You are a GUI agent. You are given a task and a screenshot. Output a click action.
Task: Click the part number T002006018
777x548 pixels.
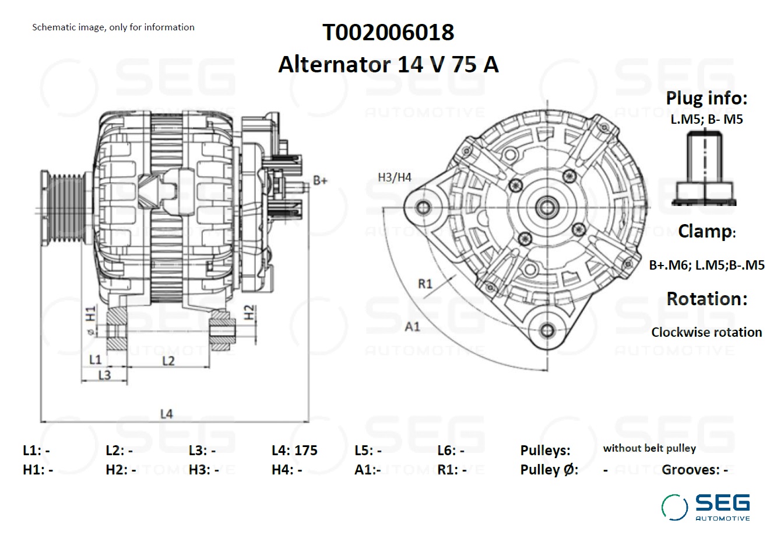click(x=388, y=32)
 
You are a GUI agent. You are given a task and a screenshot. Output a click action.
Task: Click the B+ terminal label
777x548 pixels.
click(x=320, y=180)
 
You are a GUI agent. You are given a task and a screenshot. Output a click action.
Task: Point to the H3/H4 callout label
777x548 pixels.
click(x=395, y=177)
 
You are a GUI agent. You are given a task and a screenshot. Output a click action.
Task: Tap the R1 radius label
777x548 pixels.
click(x=426, y=284)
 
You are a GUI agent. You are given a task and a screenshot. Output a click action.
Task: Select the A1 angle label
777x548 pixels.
click(x=413, y=326)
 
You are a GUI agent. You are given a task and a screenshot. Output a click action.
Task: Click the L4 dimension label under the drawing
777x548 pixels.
click(x=167, y=414)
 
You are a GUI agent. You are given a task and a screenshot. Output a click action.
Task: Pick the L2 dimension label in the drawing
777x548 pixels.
click(x=168, y=361)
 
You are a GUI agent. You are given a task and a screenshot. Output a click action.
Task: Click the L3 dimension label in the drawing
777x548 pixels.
click(x=104, y=375)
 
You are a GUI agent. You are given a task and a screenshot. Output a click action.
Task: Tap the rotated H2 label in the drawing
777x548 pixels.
click(x=249, y=312)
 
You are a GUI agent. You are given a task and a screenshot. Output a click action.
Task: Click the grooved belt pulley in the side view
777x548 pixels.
click(x=63, y=208)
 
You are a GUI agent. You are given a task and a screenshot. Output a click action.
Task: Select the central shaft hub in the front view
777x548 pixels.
click(x=547, y=208)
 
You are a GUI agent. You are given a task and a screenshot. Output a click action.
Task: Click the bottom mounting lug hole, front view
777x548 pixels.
click(x=547, y=330)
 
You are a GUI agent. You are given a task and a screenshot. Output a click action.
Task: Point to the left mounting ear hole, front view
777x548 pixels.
click(x=423, y=208)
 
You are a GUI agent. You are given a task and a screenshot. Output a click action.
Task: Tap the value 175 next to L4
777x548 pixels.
click(x=305, y=451)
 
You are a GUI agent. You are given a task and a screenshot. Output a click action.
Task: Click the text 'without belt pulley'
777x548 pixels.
click(x=649, y=448)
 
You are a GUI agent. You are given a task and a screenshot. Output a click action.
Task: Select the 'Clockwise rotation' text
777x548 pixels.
click(x=706, y=332)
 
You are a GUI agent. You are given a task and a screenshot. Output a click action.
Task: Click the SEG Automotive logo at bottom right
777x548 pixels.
click(x=706, y=507)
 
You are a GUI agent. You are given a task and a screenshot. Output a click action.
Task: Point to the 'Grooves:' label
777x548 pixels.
click(x=691, y=470)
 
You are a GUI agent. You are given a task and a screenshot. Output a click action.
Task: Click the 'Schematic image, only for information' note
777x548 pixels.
click(x=114, y=27)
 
